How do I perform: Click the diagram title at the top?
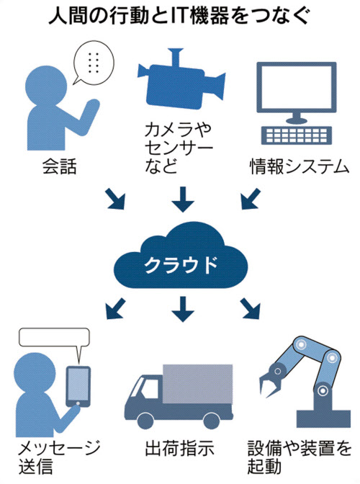pyautogui.click(x=179, y=16)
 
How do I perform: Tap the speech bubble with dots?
pyautogui.click(x=93, y=63)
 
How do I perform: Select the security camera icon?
pyautogui.click(x=181, y=79)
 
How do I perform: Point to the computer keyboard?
pyautogui.click(x=297, y=135)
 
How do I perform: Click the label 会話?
pyautogui.click(x=59, y=166)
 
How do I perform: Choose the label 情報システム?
pyautogui.click(x=300, y=166)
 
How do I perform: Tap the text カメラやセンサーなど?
pyautogui.click(x=179, y=148)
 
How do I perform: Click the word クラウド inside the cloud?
pyautogui.click(x=181, y=264)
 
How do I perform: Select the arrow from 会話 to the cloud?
pyautogui.click(x=115, y=199)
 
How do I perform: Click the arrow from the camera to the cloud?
pyautogui.click(x=183, y=199)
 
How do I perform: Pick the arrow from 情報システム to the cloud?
pyautogui.click(x=251, y=199)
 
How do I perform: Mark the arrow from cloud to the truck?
pyautogui.click(x=183, y=309)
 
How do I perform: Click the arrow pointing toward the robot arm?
pyautogui.click(x=250, y=308)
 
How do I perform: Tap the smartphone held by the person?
pyautogui.click(x=78, y=387)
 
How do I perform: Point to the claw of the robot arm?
pyautogui.click(x=270, y=380)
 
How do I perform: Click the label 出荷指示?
pyautogui.click(x=179, y=449)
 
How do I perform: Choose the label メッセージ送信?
pyautogui.click(x=59, y=457)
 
